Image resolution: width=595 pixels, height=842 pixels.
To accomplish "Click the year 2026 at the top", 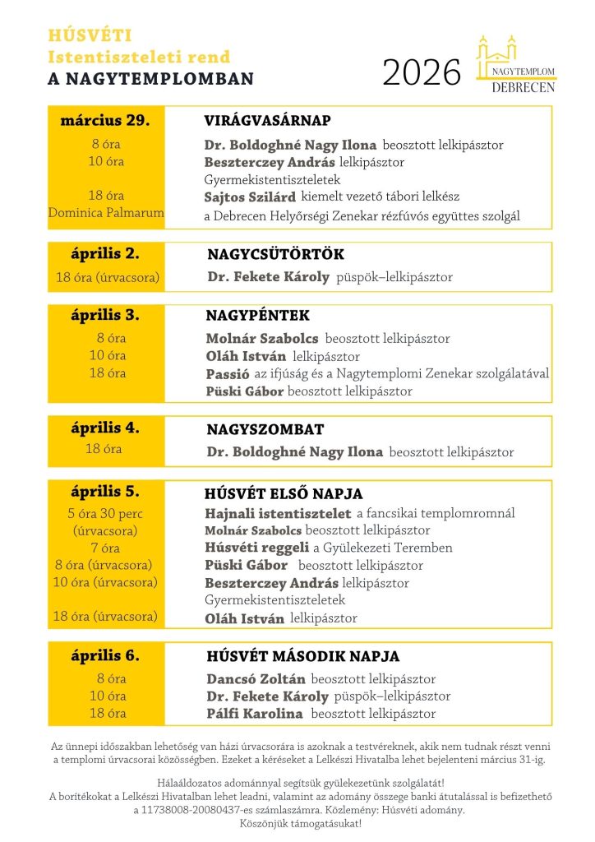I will [x=422, y=73].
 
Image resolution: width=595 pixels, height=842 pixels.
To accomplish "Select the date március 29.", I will [x=105, y=120].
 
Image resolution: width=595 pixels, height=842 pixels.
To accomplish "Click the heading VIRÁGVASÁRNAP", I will [x=267, y=121].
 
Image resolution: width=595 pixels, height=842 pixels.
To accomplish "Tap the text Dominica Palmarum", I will [x=105, y=213].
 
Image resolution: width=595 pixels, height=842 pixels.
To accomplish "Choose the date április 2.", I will [x=105, y=254].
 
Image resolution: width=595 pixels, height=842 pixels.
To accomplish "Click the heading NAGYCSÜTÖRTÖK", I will [x=275, y=255].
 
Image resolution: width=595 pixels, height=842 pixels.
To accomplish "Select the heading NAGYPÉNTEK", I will [x=257, y=316].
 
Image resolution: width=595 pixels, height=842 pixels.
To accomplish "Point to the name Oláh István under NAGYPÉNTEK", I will [x=246, y=357].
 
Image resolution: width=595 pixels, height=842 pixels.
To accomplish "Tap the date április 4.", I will [x=105, y=428].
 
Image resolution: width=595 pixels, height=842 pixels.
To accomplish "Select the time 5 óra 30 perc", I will [x=104, y=514].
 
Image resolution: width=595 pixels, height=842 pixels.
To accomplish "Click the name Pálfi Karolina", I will [x=254, y=714].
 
